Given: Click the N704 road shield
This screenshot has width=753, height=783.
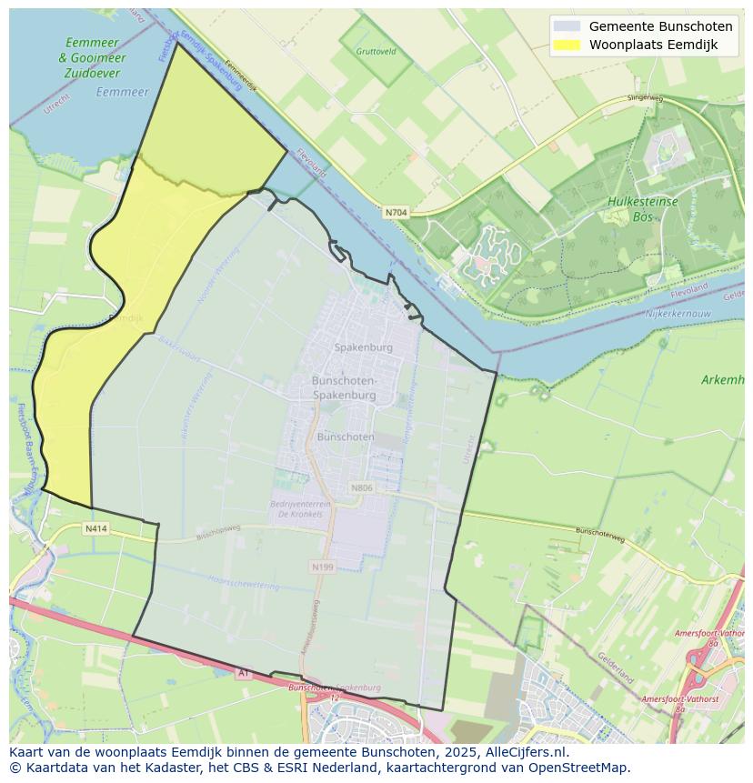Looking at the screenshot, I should coord(396,213).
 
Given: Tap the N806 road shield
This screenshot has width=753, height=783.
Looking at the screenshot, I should coord(362,488).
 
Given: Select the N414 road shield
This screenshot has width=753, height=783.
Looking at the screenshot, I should coord(96,528).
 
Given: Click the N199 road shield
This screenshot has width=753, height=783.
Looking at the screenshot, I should coord(323,567).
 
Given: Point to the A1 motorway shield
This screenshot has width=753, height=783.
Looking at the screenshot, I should coord(243,673).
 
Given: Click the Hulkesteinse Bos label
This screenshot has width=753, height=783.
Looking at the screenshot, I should coord(644,208).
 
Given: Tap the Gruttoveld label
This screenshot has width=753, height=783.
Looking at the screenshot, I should coord(376,52).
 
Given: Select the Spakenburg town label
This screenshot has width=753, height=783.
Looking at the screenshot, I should coord(363,347).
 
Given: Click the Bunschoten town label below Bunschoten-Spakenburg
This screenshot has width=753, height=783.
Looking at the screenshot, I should coord(345,437).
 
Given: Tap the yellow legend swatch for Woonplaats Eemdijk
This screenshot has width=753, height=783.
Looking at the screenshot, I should coord(566,45).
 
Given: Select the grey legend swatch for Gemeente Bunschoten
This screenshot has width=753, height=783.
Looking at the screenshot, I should coord(566,26).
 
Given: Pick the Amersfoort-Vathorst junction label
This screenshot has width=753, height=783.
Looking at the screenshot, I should coord(679,698).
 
